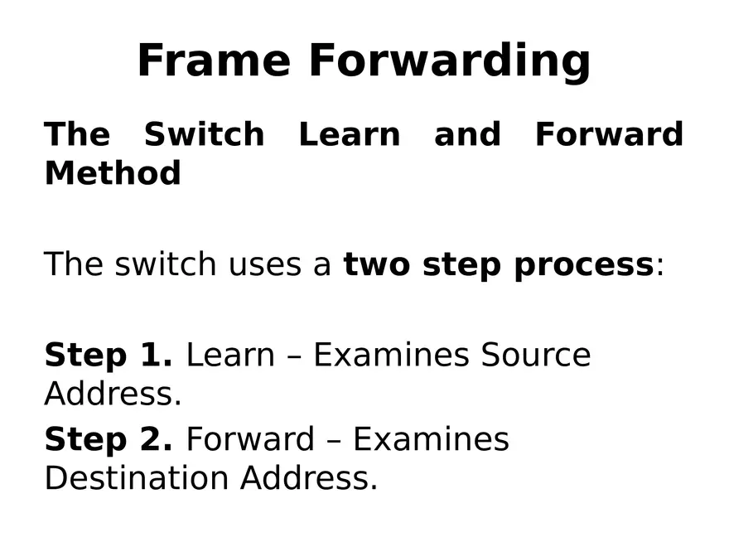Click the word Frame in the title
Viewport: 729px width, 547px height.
point(214,61)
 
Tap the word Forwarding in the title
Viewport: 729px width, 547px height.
point(449,62)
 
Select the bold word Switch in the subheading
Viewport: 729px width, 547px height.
point(204,134)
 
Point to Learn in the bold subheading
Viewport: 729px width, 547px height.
point(349,134)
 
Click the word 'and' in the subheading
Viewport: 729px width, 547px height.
point(467,134)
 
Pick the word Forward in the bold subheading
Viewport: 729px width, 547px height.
point(609,134)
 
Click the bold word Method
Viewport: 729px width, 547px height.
point(113,173)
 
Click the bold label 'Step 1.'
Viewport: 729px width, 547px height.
point(108,356)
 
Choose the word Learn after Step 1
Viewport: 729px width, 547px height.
point(229,355)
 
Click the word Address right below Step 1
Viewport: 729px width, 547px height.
point(112,395)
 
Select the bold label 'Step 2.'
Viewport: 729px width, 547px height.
point(108,439)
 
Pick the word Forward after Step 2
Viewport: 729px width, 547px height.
point(249,439)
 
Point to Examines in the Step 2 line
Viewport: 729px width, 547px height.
point(431,439)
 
